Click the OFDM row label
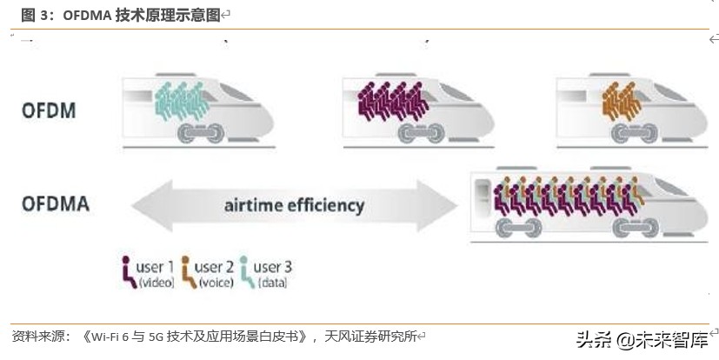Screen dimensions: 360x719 click(49, 110)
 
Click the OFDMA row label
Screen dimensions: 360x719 click(55, 205)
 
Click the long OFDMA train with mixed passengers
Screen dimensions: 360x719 click(583, 205)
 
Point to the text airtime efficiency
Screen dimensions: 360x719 click(294, 206)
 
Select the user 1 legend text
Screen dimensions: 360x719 click(156, 267)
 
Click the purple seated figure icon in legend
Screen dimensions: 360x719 click(128, 270)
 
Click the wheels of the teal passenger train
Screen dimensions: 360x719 click(202, 132)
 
